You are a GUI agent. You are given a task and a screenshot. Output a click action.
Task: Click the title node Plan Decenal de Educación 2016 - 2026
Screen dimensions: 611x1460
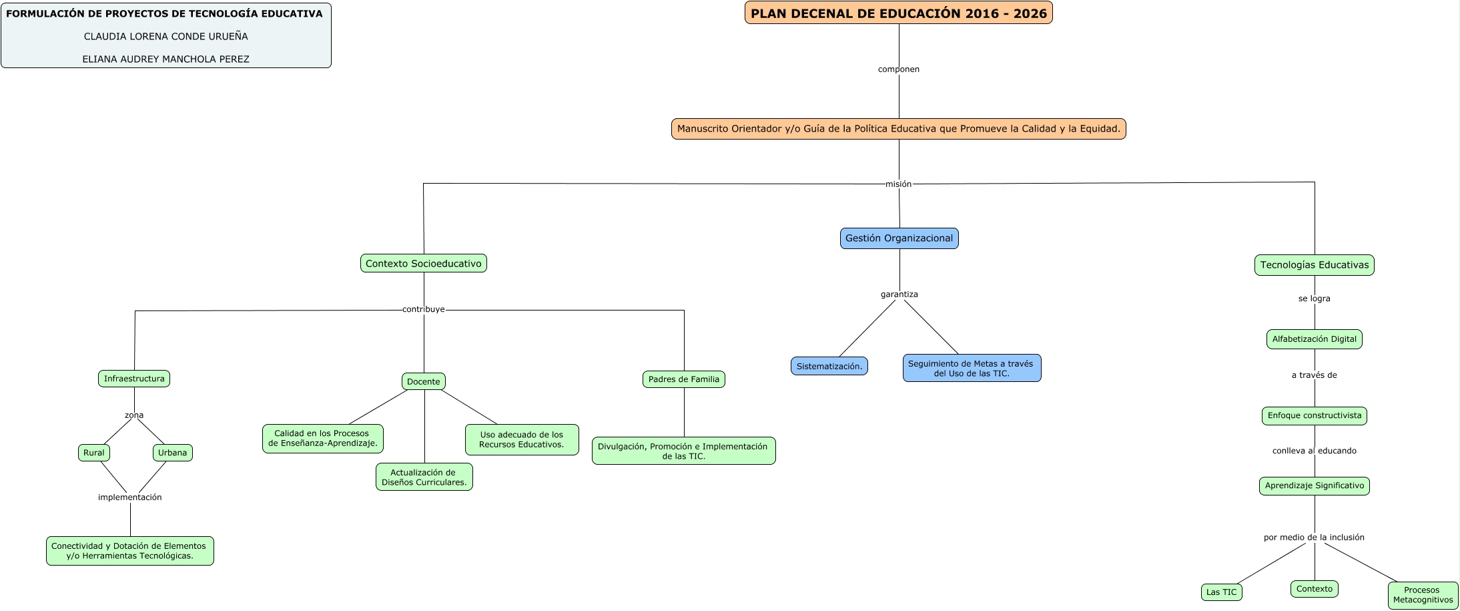(898, 13)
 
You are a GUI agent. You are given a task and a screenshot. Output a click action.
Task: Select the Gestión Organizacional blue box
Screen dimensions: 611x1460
(899, 238)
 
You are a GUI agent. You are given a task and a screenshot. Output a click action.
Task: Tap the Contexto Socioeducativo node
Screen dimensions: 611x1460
(423, 264)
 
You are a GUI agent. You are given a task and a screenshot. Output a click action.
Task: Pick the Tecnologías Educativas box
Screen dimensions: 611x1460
(1314, 265)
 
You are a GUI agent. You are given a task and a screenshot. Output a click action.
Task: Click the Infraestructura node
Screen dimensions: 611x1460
(134, 379)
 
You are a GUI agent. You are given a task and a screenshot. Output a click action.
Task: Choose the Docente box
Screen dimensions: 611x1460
(424, 381)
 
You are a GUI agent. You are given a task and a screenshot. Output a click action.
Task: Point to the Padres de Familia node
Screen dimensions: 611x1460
(683, 379)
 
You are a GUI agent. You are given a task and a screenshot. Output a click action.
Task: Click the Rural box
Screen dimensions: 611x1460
(94, 453)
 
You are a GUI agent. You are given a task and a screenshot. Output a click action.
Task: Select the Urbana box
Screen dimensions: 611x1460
(173, 453)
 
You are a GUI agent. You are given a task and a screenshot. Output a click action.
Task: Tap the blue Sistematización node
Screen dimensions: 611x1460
(829, 366)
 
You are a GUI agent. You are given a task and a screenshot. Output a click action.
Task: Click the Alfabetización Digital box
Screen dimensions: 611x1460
(1314, 339)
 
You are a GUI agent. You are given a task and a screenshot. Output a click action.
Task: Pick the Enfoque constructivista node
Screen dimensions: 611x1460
(1314, 415)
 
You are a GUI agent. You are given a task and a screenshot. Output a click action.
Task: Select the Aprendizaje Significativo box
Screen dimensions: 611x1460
(1314, 486)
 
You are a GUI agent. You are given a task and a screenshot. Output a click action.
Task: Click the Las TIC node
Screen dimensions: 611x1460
(1221, 592)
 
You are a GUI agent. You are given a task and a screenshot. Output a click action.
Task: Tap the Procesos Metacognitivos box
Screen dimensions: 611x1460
(1423, 595)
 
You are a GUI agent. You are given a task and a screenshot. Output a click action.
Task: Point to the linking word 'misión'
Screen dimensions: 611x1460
(898, 184)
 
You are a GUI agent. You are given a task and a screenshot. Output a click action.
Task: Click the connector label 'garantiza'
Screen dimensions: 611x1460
(899, 294)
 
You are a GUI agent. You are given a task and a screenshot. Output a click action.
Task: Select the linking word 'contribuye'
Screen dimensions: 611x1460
(423, 310)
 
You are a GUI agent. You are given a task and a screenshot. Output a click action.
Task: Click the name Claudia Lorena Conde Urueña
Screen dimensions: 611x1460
(165, 37)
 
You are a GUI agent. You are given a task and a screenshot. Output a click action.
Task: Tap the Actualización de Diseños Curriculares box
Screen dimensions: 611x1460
(424, 477)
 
